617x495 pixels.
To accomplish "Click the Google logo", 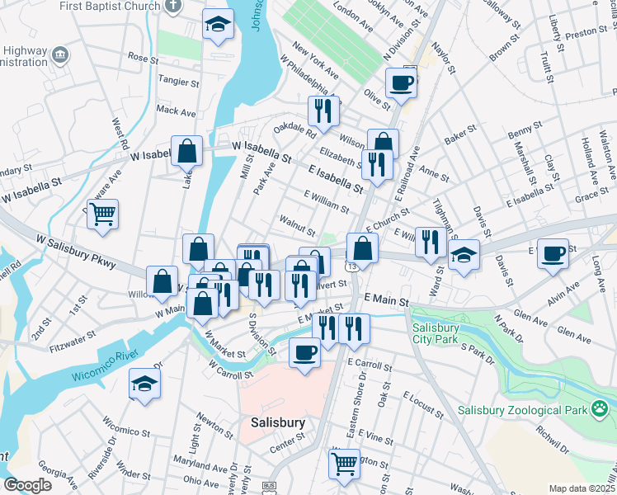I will click(28, 484).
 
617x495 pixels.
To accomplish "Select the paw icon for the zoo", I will click(599, 408).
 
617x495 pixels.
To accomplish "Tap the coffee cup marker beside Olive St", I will click(401, 84).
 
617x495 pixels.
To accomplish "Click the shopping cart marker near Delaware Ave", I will click(102, 215).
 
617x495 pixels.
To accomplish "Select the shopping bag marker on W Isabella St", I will click(187, 152).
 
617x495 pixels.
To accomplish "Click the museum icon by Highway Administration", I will click(59, 55).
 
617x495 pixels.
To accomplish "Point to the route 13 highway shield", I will click(352, 266).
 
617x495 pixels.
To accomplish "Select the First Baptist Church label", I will click(109, 6).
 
